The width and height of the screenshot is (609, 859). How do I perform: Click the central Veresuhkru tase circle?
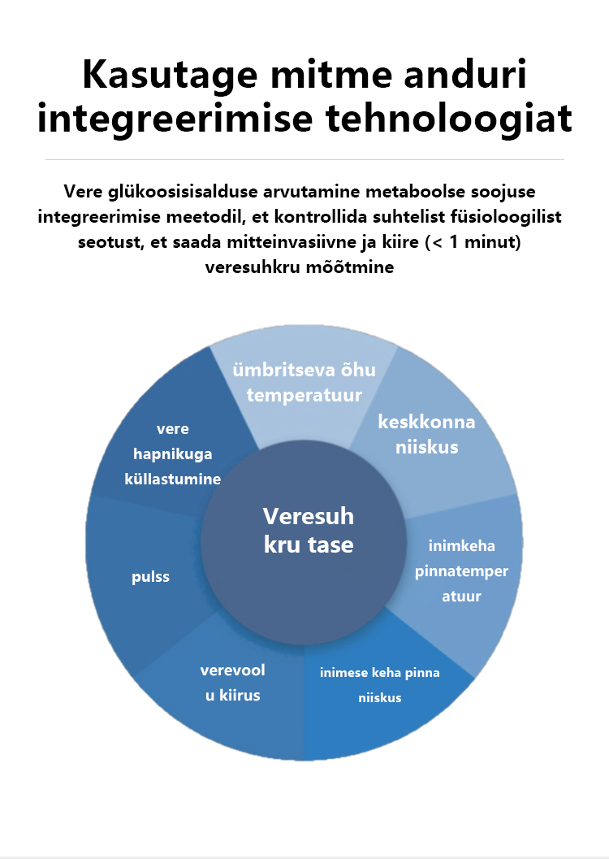[x=308, y=530]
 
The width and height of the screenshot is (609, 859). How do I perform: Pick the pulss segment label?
[x=150, y=577]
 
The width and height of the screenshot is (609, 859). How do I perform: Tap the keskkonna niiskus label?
[x=426, y=435]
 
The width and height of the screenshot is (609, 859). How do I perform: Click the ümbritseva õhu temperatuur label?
[x=304, y=384]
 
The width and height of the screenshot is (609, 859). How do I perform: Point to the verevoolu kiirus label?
[x=232, y=683]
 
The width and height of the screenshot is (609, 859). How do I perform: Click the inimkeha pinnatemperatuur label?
[x=461, y=570]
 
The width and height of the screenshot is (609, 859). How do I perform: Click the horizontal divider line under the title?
[x=304, y=159]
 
